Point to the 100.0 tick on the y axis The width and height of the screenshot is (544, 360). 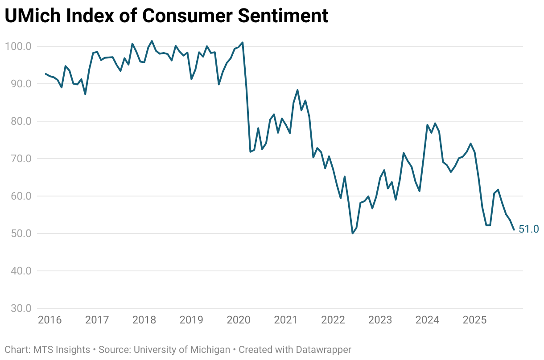[18, 46]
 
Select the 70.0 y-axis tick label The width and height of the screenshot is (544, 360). [18, 159]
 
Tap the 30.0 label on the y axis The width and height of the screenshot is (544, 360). [18, 308]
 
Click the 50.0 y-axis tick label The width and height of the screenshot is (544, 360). [18, 233]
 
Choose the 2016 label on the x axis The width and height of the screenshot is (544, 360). [49, 320]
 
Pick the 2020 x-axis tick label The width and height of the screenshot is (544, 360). [238, 320]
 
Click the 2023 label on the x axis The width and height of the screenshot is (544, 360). [380, 320]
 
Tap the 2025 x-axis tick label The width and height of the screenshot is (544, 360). [474, 320]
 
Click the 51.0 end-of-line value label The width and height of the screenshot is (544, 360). [529, 229]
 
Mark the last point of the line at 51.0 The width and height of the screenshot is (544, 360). [514, 230]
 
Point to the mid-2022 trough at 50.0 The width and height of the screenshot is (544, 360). [352, 233]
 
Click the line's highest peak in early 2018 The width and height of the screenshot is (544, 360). [152, 41]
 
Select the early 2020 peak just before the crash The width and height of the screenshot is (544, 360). [243, 43]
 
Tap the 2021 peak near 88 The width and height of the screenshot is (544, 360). [297, 90]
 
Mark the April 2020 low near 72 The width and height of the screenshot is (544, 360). [250, 152]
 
